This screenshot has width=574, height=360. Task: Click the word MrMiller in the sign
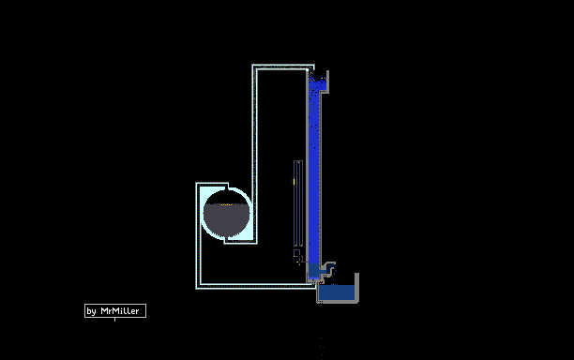pyautogui.click(x=120, y=311)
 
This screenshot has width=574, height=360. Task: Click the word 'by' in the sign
pyautogui.click(x=91, y=311)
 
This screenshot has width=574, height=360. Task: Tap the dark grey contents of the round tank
pyautogui.click(x=226, y=220)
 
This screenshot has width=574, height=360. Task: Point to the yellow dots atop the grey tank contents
pyautogui.click(x=227, y=204)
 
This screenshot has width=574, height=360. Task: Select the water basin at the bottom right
pyautogui.click(x=338, y=292)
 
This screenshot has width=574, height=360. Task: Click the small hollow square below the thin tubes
pyautogui.click(x=296, y=253)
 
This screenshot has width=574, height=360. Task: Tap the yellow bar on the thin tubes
pyautogui.click(x=294, y=182)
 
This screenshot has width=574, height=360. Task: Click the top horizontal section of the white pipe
pyautogui.click(x=283, y=67)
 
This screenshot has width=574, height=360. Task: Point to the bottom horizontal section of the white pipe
pyautogui.click(x=256, y=286)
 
